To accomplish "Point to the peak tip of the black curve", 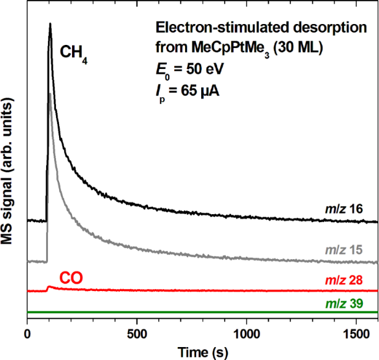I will [50, 24].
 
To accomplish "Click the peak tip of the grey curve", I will [49, 94].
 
